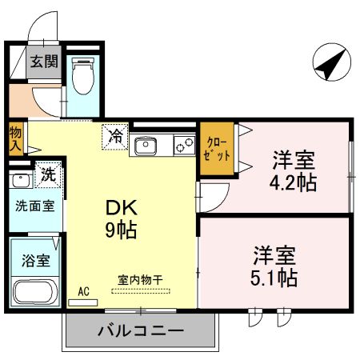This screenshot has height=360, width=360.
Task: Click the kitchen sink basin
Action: pos(146,146)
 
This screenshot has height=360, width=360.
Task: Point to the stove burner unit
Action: pos(184,146)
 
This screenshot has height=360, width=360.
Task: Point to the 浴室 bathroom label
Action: pos(34,260)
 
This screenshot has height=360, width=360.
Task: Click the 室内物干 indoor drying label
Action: pos(141,280)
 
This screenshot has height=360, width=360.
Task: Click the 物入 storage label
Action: pos(15,138)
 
